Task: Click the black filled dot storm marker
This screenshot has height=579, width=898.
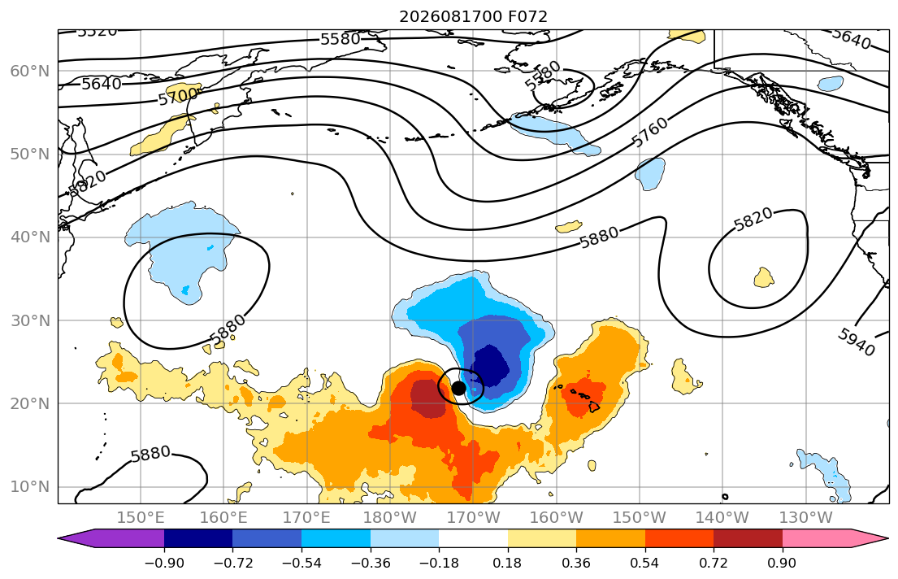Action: point(458,388)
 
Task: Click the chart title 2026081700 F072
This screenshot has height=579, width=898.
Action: point(473,16)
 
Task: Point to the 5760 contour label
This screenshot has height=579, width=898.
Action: point(650,132)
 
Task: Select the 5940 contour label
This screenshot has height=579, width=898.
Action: point(857,342)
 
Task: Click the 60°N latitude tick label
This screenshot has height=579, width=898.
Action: point(30,71)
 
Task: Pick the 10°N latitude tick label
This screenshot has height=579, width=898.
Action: point(30,487)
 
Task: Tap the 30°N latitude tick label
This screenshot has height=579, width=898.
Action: point(30,320)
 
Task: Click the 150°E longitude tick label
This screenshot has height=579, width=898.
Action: point(141,518)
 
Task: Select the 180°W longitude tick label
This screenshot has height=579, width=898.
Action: point(390,518)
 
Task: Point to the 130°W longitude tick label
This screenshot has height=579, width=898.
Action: point(806,518)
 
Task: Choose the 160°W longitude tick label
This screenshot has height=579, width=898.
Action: point(557,518)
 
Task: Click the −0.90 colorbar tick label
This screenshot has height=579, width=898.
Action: point(164,563)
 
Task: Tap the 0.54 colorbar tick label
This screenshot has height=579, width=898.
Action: point(645,563)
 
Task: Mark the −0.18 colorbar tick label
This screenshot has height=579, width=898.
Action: point(439,563)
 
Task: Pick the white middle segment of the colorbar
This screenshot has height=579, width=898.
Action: point(473,538)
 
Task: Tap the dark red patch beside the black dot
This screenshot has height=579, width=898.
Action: point(428,398)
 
